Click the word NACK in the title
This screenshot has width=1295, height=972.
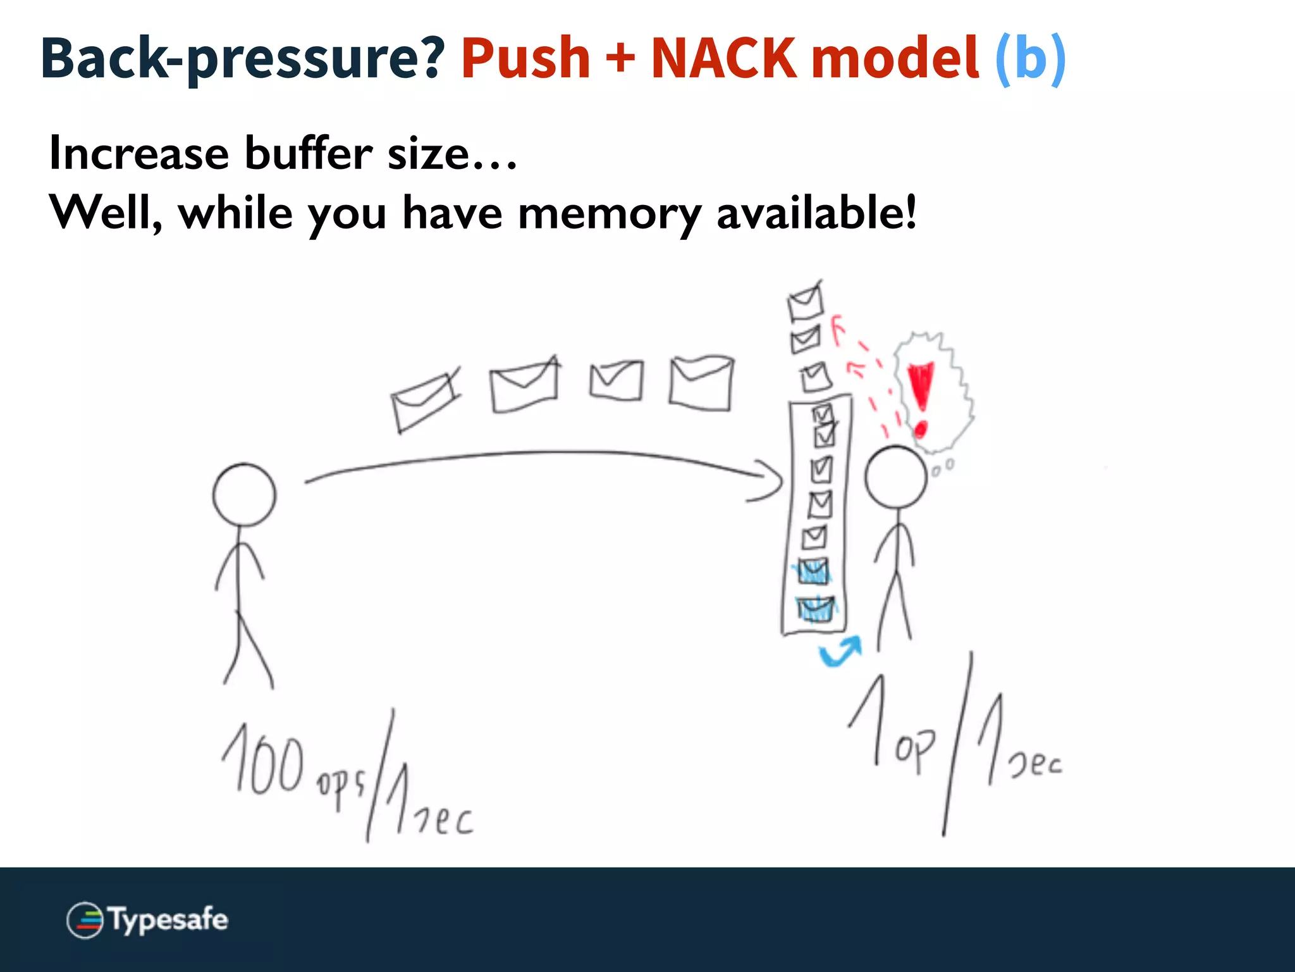point(723,58)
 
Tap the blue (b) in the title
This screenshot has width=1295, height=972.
point(1030,58)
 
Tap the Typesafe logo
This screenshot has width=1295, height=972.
point(147,919)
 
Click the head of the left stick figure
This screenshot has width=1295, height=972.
point(244,495)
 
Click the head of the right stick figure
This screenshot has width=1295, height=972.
point(895,477)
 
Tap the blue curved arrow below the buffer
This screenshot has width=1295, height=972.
point(840,652)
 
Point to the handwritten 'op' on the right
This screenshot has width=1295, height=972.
point(914,750)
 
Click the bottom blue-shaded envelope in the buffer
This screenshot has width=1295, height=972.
point(815,609)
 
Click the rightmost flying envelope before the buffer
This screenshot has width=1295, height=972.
point(701,382)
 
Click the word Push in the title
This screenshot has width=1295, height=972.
point(525,58)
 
